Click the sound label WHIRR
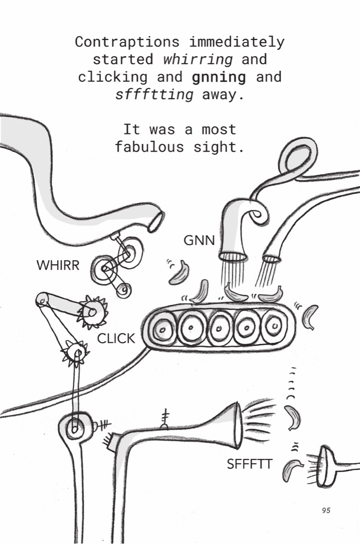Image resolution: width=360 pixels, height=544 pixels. coord(58,266)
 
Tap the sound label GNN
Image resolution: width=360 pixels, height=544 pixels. coord(199,240)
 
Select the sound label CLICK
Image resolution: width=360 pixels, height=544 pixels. coord(116,339)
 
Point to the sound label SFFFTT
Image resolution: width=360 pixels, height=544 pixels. coord(250,464)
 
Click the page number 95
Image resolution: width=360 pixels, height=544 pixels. coord(326,510)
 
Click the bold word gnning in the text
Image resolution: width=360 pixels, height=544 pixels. coord(219,77)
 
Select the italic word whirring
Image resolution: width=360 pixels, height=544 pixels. coord(198,59)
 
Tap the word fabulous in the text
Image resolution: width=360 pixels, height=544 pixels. coord(149,147)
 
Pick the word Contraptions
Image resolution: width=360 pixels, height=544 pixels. coord(128,42)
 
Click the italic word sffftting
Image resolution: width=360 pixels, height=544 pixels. coord(154,94)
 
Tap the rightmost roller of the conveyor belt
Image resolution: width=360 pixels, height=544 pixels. coord(274,326)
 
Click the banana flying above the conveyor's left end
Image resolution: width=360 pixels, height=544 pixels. coord(180,273)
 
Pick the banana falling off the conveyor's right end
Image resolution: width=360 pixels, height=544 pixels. coord(311,317)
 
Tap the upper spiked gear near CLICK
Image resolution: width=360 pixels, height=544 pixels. coord(92,312)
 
